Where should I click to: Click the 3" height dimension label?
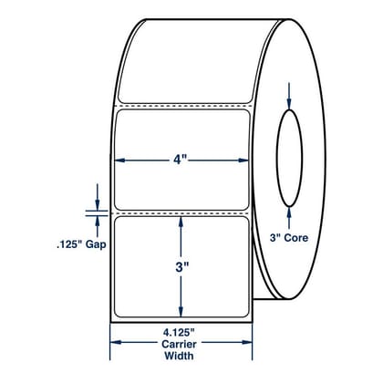click(x=182, y=267)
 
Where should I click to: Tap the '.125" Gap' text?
click(x=81, y=244)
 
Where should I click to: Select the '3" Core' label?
click(x=289, y=238)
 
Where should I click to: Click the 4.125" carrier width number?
click(x=180, y=333)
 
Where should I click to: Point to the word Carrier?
click(x=179, y=344)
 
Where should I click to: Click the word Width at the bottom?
click(x=179, y=356)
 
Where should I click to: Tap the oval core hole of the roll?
click(x=290, y=158)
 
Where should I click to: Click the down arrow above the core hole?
click(x=289, y=96)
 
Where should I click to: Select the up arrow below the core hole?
click(x=289, y=218)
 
